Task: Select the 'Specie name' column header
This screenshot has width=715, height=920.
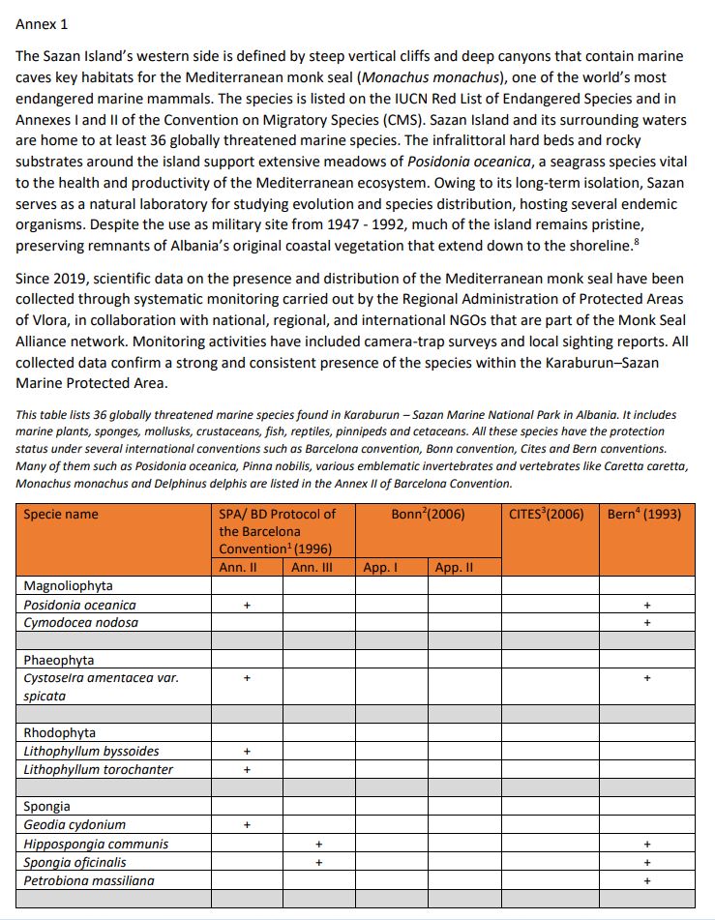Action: [x=61, y=515]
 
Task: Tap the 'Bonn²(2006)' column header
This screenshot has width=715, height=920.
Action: [x=428, y=515]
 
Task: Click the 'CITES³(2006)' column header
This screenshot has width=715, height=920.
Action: [x=547, y=515]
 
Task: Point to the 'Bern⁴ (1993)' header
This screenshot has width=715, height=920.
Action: [x=644, y=515]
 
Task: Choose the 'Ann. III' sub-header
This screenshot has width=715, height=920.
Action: [x=312, y=567]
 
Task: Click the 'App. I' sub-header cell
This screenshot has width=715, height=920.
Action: [x=380, y=567]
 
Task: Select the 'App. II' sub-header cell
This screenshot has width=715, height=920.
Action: [x=454, y=567]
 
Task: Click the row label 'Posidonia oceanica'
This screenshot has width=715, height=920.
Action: [x=80, y=605]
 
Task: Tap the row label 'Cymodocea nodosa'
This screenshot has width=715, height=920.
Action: [x=81, y=622]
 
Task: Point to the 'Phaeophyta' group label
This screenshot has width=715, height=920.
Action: [x=59, y=660]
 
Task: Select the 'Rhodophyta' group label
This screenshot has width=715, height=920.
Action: [x=60, y=732]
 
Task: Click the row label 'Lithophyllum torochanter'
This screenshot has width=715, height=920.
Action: [x=99, y=769]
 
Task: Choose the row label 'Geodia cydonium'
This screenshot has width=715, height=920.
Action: [x=75, y=825]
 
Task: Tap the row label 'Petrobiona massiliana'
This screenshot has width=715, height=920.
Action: [x=89, y=880]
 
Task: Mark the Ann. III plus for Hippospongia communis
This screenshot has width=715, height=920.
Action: [x=318, y=844]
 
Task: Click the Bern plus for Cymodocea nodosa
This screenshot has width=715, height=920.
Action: [x=647, y=622]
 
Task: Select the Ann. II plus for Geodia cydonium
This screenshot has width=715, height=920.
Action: [x=247, y=825]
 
